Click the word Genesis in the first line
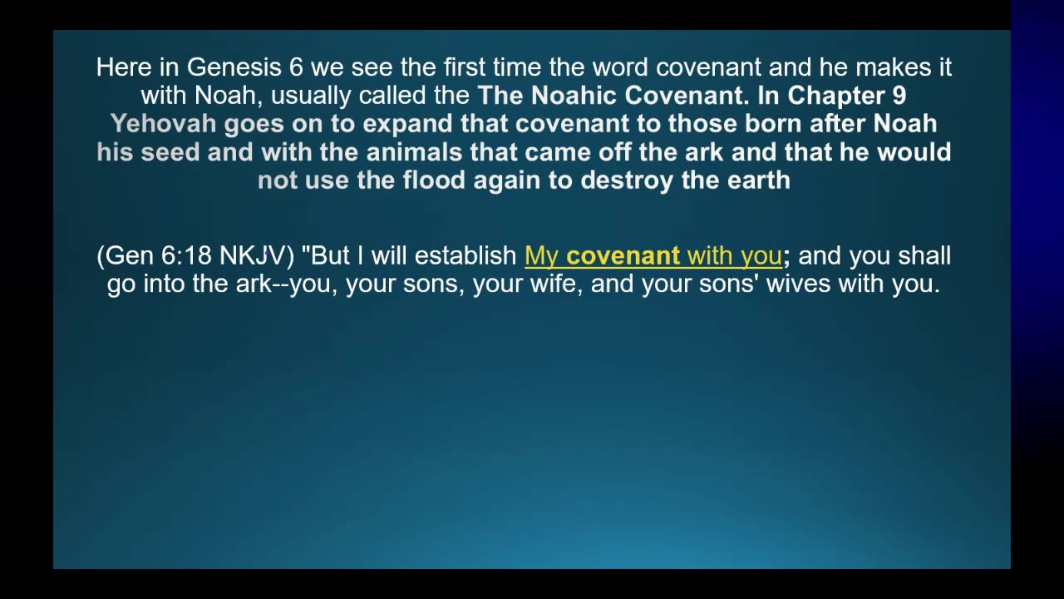tap(234, 67)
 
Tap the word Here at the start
tap(124, 67)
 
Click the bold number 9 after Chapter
tap(899, 96)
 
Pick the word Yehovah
tap(164, 124)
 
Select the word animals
tap(414, 152)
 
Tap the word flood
tap(434, 181)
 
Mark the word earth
tap(759, 181)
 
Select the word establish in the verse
tap(465, 255)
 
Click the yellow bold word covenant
tap(623, 256)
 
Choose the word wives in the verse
tap(799, 285)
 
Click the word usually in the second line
tap(311, 97)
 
